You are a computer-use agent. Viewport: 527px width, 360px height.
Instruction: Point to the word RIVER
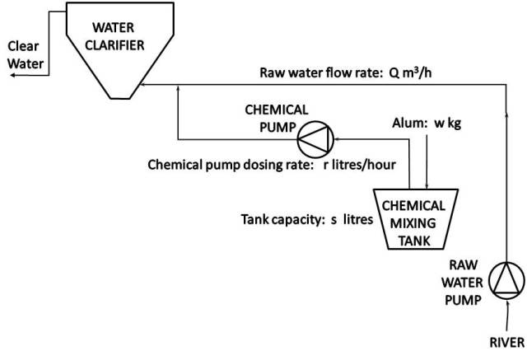coord(504,343)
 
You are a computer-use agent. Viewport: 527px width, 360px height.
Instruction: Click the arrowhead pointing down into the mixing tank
coord(425,185)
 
